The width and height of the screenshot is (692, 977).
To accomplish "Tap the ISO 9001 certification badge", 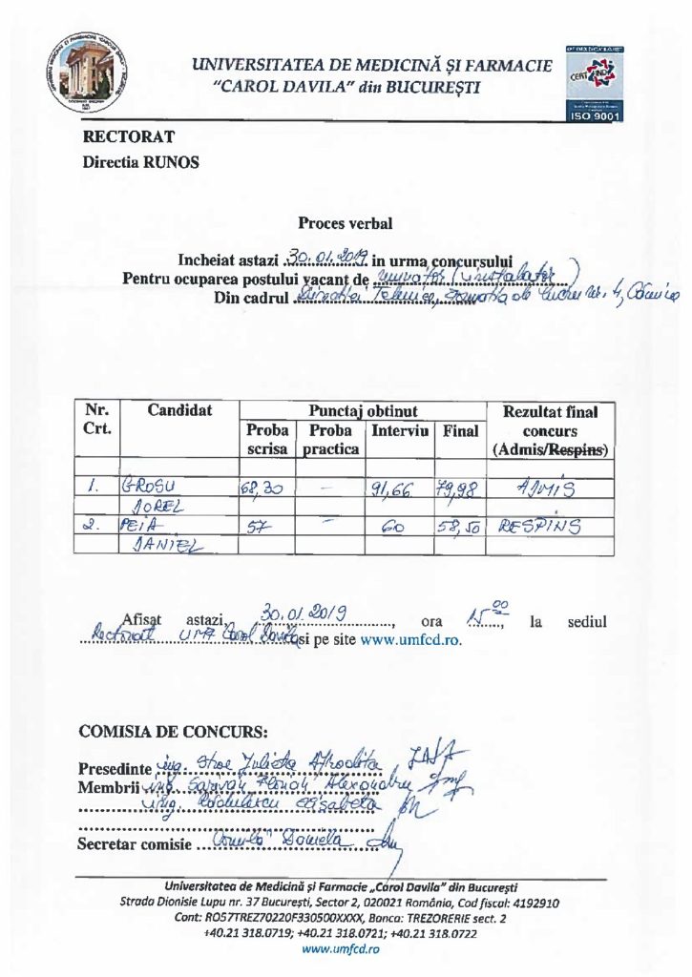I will coord(594,82).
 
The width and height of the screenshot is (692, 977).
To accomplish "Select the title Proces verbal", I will coord(345,224).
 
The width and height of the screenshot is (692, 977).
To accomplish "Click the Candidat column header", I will coord(179,410).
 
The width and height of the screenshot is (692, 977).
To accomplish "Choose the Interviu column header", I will coord(400,430).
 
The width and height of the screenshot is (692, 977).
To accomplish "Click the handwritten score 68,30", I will coord(262,486).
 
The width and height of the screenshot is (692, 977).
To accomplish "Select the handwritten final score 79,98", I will coord(460,486).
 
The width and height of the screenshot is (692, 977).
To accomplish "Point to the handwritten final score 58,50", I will coord(460,525).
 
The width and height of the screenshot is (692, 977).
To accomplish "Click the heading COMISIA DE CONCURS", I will coord(173,732).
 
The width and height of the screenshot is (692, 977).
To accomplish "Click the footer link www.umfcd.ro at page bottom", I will coord(341,950).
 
